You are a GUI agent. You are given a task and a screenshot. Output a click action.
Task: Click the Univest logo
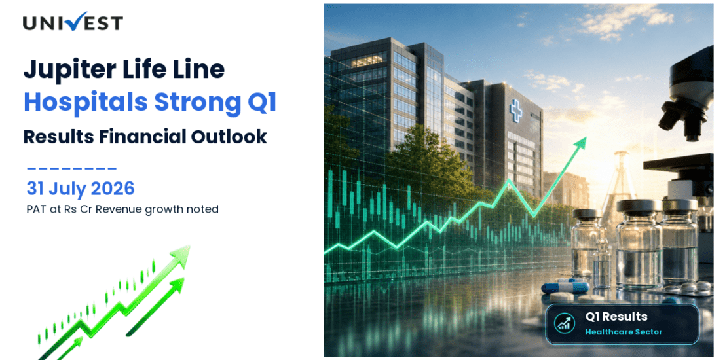point(73,22)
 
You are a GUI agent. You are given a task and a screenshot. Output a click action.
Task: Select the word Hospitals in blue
point(85,103)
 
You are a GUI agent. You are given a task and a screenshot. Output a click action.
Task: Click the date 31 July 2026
point(80,189)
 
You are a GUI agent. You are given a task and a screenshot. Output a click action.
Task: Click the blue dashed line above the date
point(72,169)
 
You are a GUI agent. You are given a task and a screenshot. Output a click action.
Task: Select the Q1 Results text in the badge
point(616,317)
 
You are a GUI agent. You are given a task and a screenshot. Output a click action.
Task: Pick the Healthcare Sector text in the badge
point(624,332)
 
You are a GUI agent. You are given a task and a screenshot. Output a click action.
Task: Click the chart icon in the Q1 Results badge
point(565,324)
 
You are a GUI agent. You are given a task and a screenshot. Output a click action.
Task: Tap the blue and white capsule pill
point(565,287)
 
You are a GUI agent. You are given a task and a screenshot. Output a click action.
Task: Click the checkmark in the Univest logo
point(74,21)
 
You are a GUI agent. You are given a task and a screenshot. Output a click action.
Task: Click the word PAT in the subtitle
point(34,209)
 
